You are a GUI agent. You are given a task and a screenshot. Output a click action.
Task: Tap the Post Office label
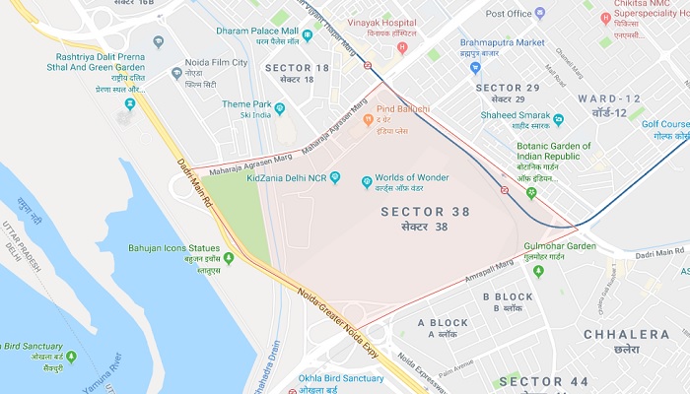click(x=509, y=14)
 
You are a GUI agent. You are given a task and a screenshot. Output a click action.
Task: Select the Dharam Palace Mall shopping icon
click(x=308, y=36)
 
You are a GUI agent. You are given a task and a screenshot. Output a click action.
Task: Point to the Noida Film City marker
click(x=177, y=74)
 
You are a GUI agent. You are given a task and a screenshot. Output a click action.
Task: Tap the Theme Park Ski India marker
click(x=280, y=109)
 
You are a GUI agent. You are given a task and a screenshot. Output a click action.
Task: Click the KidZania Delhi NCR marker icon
click(x=335, y=177)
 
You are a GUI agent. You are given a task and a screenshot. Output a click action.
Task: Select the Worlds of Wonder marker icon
click(x=368, y=181)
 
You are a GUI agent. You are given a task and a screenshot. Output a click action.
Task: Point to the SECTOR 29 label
click(x=507, y=89)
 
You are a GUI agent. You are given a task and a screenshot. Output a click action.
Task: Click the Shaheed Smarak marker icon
click(x=559, y=120)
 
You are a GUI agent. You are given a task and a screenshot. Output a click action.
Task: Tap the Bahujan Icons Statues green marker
click(x=229, y=259)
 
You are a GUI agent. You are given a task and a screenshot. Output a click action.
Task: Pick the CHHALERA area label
click(x=626, y=335)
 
